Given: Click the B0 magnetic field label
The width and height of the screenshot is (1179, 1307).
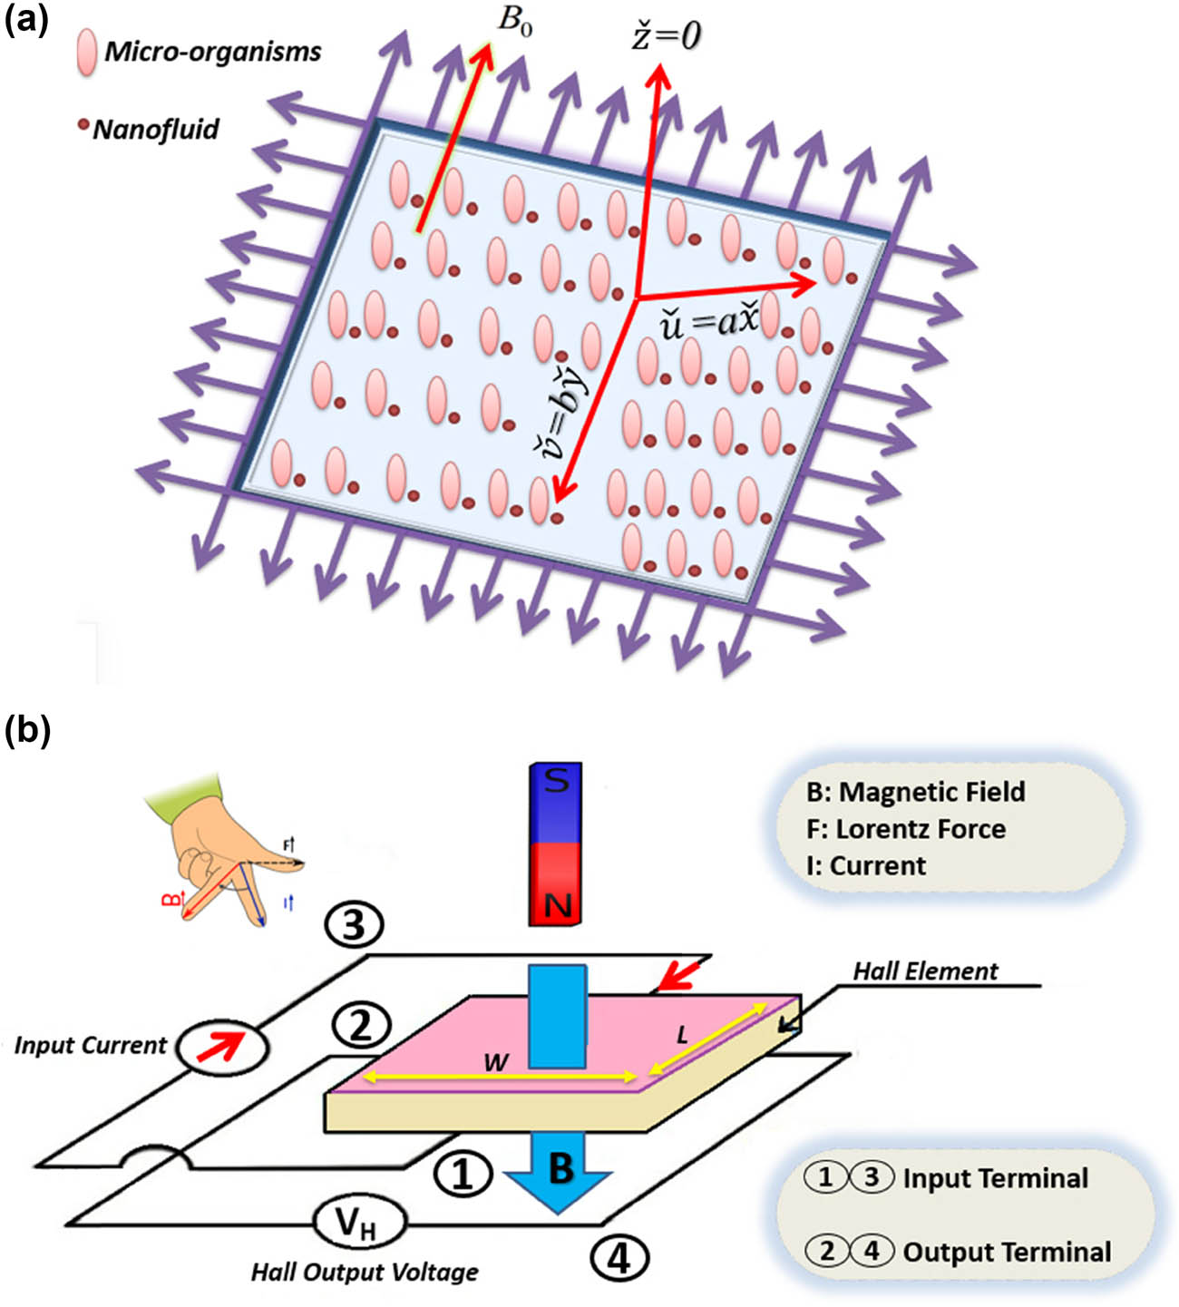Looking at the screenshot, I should click(514, 20).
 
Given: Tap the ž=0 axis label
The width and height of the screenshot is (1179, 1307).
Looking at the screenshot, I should click(667, 35).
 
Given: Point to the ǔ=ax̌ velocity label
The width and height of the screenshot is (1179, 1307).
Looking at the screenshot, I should click(708, 323).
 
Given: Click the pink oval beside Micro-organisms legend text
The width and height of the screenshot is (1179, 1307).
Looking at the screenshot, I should click(86, 52).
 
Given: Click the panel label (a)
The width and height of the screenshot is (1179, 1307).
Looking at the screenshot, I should click(26, 19).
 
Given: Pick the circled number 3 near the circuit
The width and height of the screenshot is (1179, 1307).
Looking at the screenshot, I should click(353, 924).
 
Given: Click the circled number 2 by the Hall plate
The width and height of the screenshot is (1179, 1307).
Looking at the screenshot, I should click(361, 1026).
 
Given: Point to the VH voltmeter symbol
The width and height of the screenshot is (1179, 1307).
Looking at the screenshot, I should click(357, 1224).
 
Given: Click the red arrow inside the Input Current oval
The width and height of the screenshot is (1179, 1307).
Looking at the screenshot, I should click(222, 1047).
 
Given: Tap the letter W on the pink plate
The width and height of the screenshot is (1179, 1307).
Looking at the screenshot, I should click(495, 1061).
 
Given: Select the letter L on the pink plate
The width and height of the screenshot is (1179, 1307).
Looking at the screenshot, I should click(682, 1033).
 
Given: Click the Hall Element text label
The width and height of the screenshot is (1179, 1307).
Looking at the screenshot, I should click(925, 971).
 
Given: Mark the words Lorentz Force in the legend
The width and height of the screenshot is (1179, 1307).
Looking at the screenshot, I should click(921, 829).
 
